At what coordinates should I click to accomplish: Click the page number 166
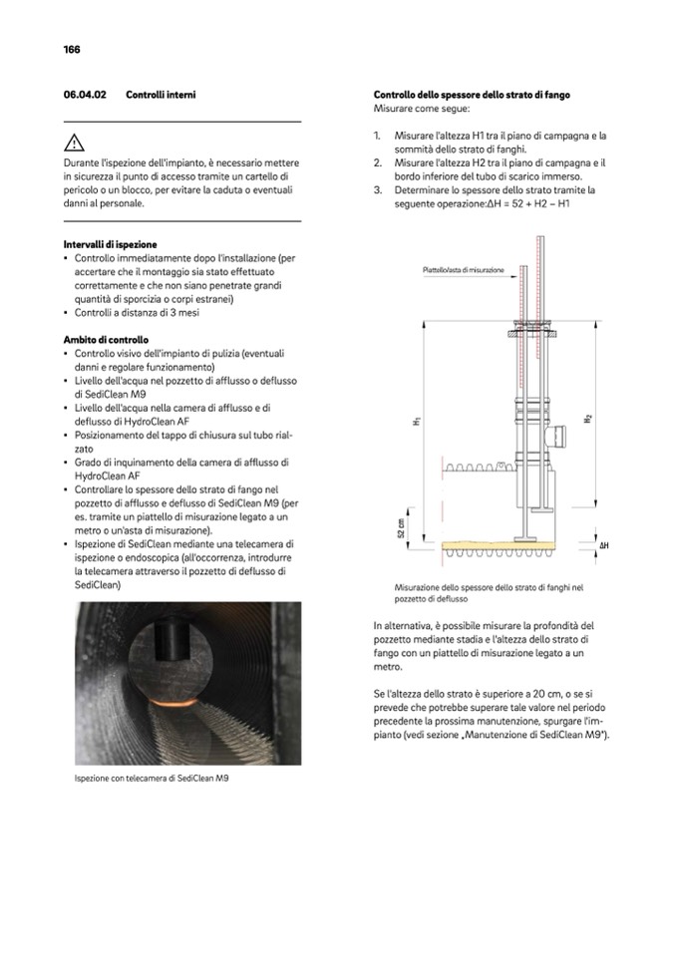point(72,49)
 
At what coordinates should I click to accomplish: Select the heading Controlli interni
point(161,94)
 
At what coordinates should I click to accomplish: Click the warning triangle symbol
point(74,143)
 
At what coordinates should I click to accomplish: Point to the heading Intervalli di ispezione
point(109,244)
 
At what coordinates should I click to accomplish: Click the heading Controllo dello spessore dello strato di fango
point(472,94)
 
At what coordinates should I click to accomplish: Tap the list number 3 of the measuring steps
point(378,189)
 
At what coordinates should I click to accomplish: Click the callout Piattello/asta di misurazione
point(463,269)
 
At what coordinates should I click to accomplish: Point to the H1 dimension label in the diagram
point(416,423)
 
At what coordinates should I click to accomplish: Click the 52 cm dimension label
point(401,527)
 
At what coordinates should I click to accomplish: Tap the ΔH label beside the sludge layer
point(604,546)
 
